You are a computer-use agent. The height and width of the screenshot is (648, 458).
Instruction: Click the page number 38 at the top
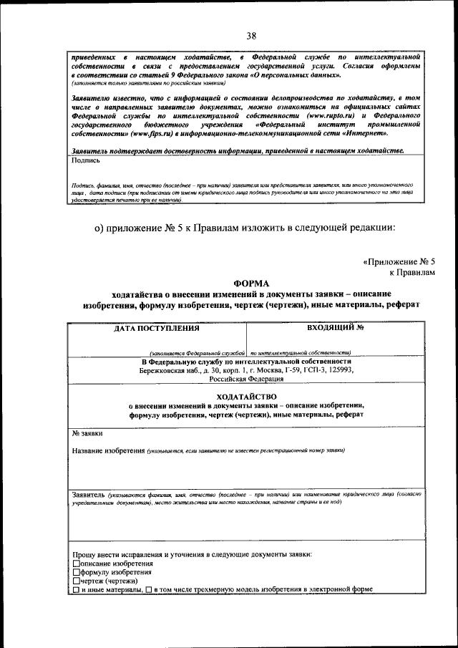(x=251, y=36)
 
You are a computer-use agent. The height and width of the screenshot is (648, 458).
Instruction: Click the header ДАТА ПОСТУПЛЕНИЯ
(x=157, y=329)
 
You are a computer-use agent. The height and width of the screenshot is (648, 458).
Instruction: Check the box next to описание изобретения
(x=77, y=564)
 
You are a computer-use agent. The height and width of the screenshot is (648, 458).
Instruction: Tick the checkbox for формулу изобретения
(x=77, y=573)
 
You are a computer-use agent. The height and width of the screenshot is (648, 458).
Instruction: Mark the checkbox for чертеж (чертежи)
(x=77, y=581)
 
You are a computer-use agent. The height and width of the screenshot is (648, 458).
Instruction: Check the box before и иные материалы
(x=77, y=590)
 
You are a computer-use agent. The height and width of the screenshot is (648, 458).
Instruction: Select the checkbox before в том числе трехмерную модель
(x=148, y=590)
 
